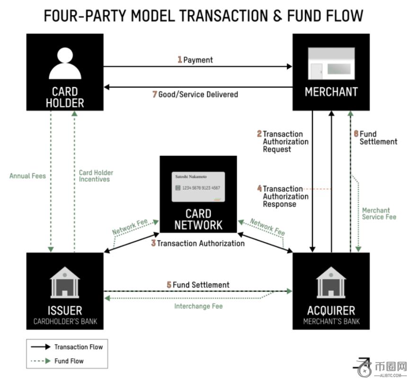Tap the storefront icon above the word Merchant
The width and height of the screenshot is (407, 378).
pyautogui.click(x=331, y=65)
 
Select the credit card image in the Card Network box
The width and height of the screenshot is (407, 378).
pyautogui.click(x=198, y=187)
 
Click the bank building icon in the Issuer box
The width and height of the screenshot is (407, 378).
pyautogui.click(x=65, y=282)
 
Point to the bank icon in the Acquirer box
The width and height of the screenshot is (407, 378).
pyautogui.click(x=331, y=282)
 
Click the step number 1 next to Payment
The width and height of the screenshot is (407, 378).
pyautogui.click(x=180, y=60)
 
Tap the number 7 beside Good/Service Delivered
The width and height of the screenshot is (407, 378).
pyautogui.click(x=155, y=94)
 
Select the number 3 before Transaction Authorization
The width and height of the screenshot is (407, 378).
pyautogui.click(x=153, y=243)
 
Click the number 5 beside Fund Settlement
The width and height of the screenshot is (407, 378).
pyautogui.click(x=169, y=285)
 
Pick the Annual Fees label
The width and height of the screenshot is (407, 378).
pyautogui.click(x=27, y=176)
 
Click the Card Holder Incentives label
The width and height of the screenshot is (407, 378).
pyautogui.click(x=96, y=176)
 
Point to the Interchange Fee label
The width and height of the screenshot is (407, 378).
pyautogui.click(x=198, y=306)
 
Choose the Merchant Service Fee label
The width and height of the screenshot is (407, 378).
pyautogui.click(x=379, y=214)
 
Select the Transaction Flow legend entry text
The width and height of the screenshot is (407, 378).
pyautogui.click(x=78, y=347)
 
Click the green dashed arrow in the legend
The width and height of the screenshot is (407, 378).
pyautogui.click(x=41, y=361)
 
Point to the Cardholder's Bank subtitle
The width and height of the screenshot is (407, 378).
pyautogui.click(x=65, y=322)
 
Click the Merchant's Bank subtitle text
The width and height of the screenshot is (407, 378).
pyautogui.click(x=331, y=322)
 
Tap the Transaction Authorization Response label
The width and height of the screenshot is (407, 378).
pyautogui.click(x=285, y=197)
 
